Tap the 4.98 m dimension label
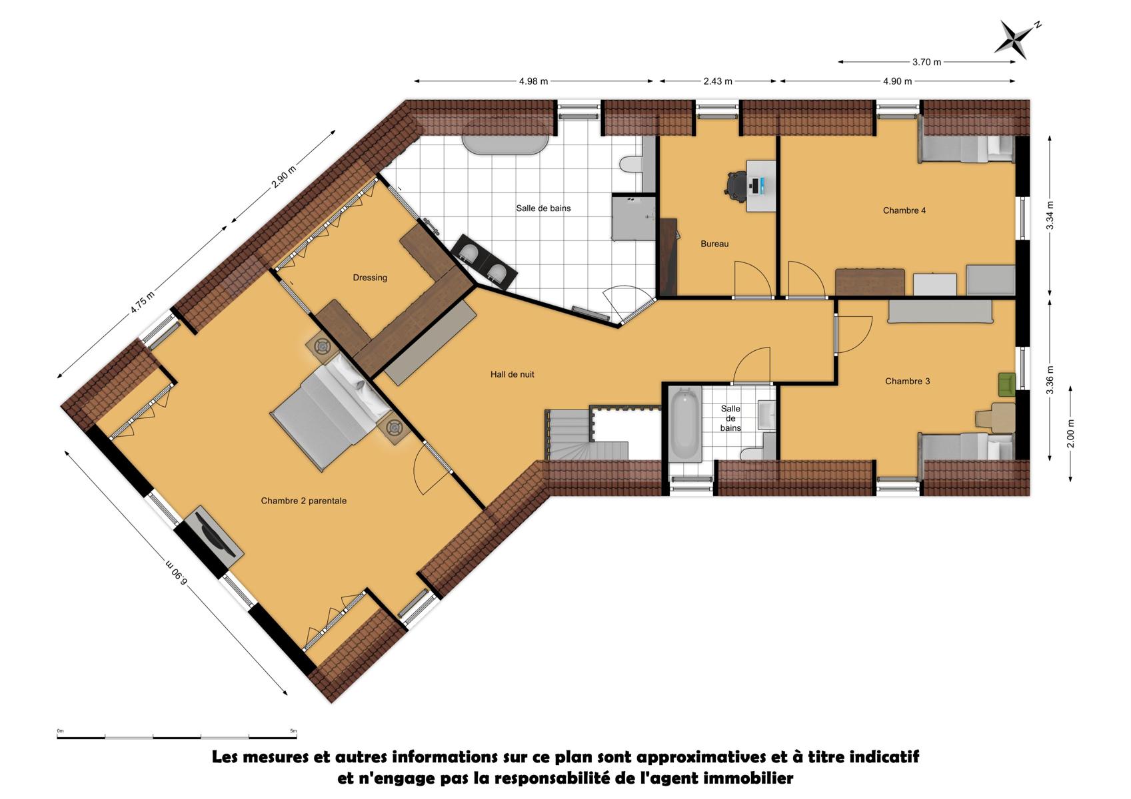(533, 81)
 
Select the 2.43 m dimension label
(718, 81)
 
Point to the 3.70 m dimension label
(926, 62)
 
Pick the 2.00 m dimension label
(1070, 433)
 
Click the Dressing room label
(370, 278)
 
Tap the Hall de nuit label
(512, 374)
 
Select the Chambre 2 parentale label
(303, 501)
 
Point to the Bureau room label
(714, 244)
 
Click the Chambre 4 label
(904, 211)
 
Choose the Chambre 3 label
(907, 382)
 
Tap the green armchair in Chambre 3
(1007, 384)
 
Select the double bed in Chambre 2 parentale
(331, 411)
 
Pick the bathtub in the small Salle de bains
(684, 423)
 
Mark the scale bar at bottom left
(177, 738)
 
